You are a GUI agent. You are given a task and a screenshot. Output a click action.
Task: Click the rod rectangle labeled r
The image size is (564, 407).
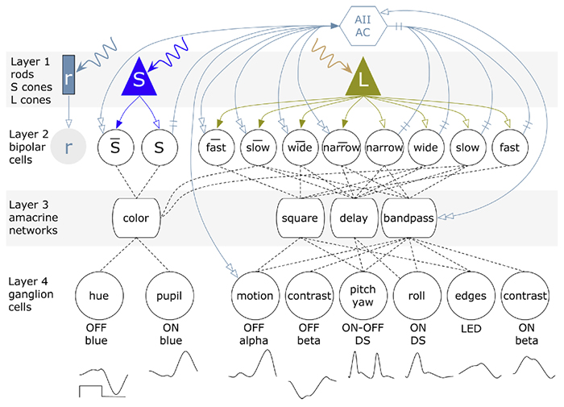coord(68,74)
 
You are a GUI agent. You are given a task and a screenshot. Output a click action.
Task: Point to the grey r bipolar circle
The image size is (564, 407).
coord(68,148)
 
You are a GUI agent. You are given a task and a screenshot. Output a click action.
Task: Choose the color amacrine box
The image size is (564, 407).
coord(135,218)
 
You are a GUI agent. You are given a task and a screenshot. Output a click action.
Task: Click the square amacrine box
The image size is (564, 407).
coord(301,218)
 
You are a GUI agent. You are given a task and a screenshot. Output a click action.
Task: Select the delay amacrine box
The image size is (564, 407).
coord(353,218)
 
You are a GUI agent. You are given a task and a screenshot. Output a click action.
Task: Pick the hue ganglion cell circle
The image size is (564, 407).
coord(99,296)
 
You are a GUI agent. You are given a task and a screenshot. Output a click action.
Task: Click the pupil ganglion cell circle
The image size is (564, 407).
coord(168,296)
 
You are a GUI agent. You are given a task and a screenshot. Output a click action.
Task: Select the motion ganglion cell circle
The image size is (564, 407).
coord(254,296)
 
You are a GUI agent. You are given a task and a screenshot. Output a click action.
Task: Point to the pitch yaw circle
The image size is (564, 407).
coord(362,296)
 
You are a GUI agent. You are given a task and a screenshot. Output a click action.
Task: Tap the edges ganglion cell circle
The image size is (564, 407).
coord(467,296)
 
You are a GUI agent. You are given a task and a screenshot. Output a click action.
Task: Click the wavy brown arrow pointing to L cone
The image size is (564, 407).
coord(331,50)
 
